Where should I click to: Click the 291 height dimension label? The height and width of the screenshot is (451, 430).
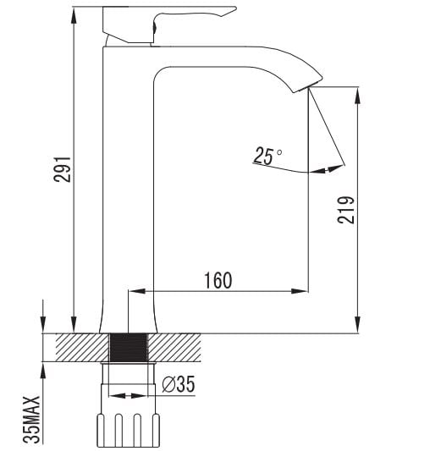coord(62,169)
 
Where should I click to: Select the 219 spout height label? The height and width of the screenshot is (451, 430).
coord(346,210)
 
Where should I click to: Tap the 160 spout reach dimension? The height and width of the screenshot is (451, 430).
coord(218,280)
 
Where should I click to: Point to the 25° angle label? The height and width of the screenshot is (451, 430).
coord(267,156)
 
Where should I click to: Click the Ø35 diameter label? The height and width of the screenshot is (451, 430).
coord(179,384)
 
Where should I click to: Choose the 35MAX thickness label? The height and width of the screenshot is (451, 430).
coord(31,420)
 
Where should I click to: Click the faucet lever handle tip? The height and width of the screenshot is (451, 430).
coord(235,8)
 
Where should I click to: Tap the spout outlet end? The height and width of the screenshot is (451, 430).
coord(307,85)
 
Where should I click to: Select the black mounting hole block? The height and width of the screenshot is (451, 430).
coord(129,348)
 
